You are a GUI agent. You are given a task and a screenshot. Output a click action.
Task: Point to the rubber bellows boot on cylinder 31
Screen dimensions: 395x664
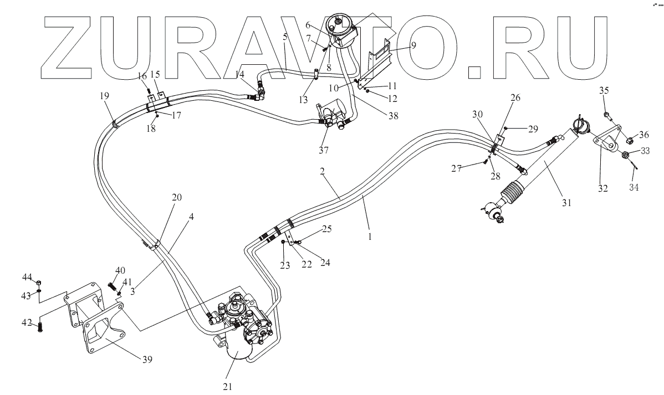tap(510, 194)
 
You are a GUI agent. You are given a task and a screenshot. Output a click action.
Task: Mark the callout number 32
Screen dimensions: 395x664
tap(603, 188)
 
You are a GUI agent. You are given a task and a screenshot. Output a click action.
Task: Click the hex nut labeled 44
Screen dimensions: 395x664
tap(38, 282)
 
